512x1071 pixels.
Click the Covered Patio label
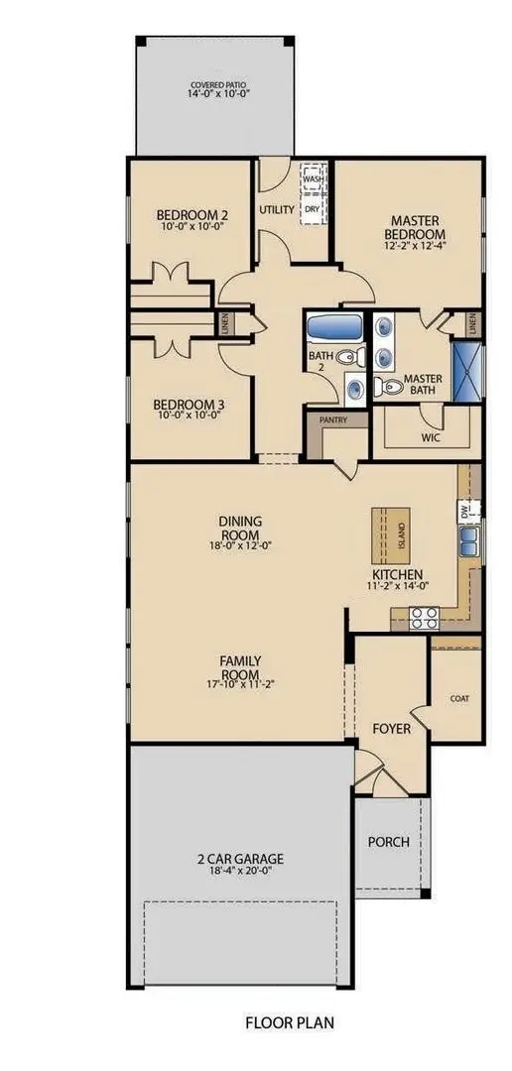215,86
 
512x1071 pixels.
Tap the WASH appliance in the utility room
313,179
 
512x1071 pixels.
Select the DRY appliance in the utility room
313,209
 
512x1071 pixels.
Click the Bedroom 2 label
192,214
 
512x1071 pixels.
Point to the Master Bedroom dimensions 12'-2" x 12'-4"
415,247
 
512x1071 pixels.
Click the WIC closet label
430,436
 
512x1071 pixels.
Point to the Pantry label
330,420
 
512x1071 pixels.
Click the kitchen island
390,535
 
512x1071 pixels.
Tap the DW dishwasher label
463,512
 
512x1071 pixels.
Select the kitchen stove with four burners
425,618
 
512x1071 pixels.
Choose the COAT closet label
458,698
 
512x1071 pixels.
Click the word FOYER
391,728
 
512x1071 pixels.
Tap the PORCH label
388,842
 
